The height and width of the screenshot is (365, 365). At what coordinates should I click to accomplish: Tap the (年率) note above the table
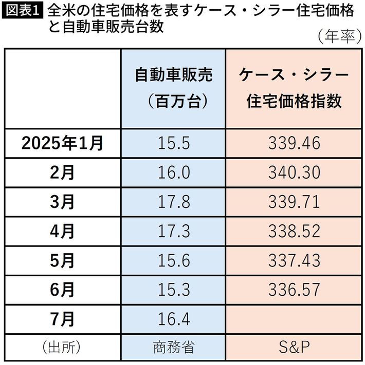pyautogui.click(x=337, y=36)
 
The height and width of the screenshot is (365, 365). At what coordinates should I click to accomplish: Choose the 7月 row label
pyautogui.click(x=63, y=319)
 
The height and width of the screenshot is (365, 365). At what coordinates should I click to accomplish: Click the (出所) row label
pyautogui.click(x=63, y=347)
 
